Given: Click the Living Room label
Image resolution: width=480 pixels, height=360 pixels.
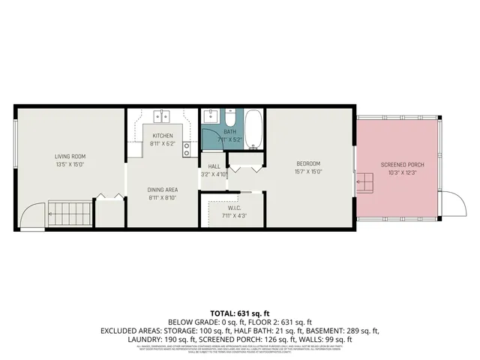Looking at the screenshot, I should coord(68,156).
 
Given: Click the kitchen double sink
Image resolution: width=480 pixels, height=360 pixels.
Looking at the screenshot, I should coord(163,116).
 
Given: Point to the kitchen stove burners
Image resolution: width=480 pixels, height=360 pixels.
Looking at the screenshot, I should coord(185,148).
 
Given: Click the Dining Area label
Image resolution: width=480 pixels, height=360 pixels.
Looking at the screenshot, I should coord(162,190).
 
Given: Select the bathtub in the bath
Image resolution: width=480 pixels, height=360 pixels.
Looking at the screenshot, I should coord(253,128).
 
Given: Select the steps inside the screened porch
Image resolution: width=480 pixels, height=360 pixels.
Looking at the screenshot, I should coord(364,182).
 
